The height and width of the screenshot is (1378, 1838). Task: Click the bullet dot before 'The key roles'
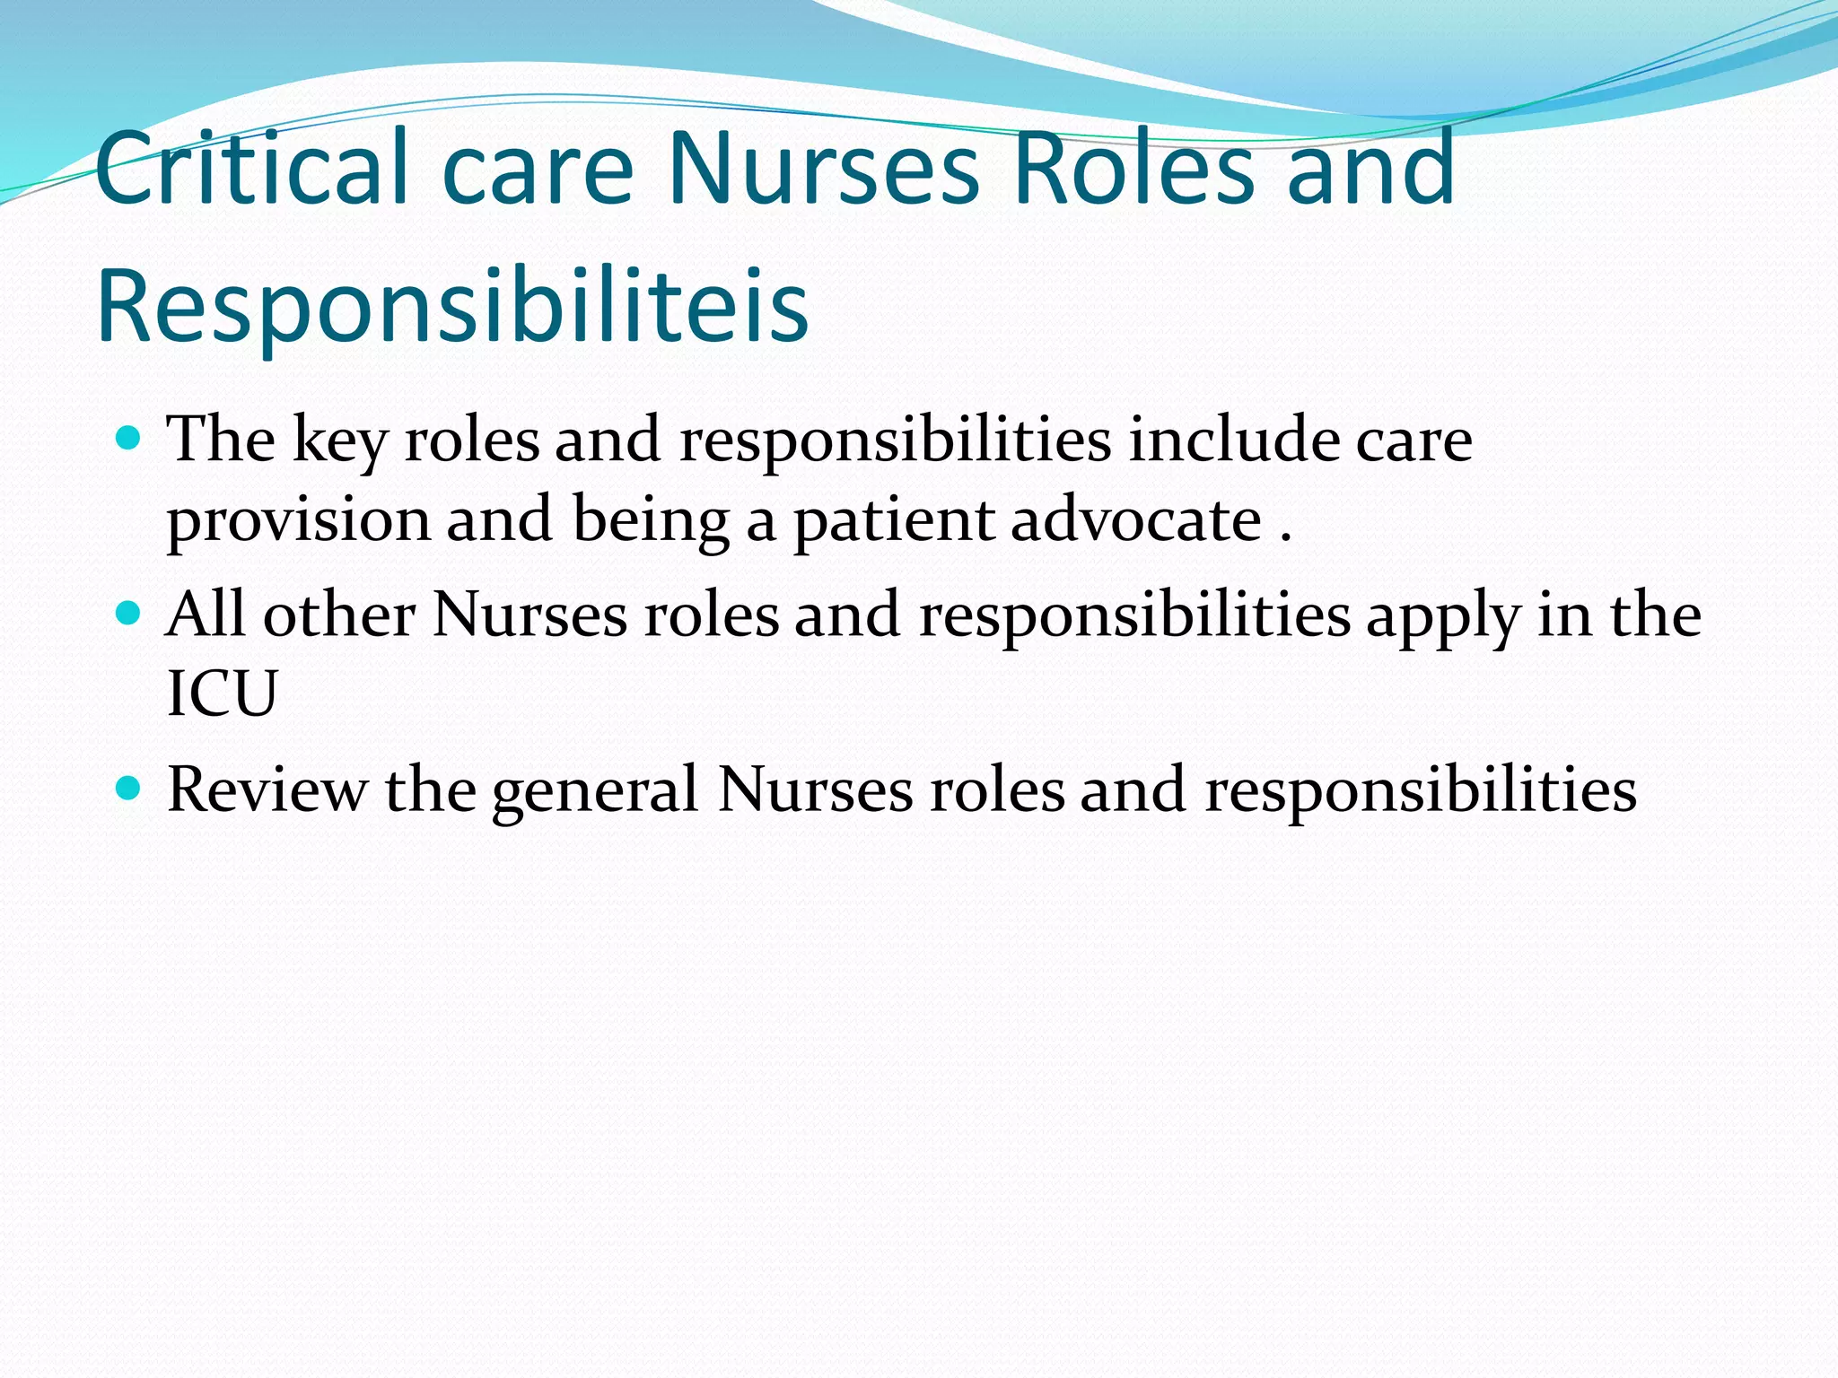tap(129, 439)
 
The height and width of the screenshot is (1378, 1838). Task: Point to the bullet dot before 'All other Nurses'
tap(129, 614)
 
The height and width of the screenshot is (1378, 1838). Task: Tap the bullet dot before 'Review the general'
tap(129, 789)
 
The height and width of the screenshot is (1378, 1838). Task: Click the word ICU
tap(222, 693)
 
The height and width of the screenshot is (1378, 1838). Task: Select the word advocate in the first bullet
tap(1136, 519)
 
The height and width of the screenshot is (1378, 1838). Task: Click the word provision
tap(299, 521)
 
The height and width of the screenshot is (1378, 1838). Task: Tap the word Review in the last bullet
tap(267, 789)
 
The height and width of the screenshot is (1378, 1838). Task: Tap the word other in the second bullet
tap(338, 615)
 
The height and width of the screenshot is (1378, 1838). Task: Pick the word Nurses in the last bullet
tap(815, 789)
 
